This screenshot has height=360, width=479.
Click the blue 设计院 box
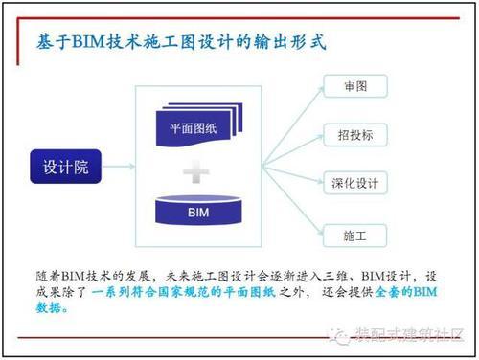(x=65, y=166)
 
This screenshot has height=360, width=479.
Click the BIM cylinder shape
(x=199, y=209)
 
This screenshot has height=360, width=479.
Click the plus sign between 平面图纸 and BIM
(x=198, y=172)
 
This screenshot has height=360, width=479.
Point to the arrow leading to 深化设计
(x=298, y=179)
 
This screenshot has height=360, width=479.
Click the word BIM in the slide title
(x=101, y=42)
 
